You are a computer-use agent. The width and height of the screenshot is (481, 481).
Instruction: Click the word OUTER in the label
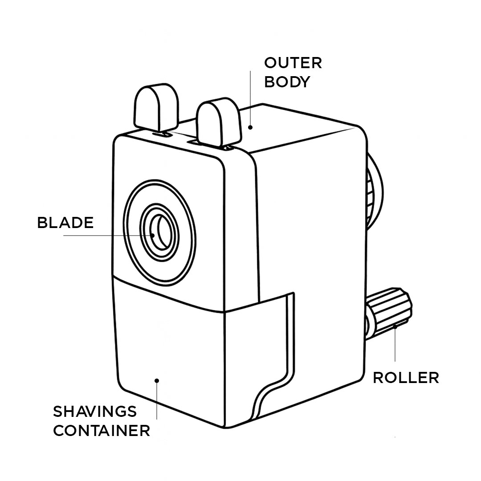(293, 63)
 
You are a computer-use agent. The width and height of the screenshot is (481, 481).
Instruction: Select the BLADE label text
(65, 223)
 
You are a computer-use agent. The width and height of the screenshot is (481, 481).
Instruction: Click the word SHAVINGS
(95, 411)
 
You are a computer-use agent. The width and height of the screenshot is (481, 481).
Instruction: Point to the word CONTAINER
(102, 431)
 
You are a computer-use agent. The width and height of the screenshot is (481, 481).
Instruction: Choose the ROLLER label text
(406, 378)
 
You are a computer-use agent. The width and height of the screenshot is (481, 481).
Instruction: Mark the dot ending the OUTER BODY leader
(250, 127)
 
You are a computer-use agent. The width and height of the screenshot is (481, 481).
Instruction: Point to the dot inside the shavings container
(157, 380)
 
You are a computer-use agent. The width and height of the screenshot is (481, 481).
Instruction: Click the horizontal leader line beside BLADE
(107, 235)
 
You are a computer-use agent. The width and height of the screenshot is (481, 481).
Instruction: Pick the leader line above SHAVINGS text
(157, 401)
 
